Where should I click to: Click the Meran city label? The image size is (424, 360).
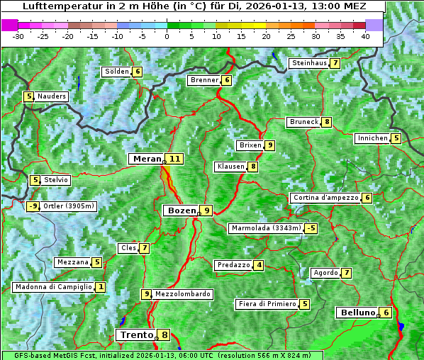[x=147, y=159]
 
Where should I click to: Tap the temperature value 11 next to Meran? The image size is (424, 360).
[x=174, y=159]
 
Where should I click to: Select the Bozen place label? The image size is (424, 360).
[x=180, y=210]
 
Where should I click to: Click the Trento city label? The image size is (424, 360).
[x=136, y=335]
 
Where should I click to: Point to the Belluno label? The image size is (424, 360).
[x=357, y=313]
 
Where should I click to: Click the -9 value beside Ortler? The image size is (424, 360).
[x=33, y=207]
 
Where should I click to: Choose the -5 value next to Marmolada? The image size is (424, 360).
[x=311, y=228]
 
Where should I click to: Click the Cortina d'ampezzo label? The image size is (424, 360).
[x=325, y=198]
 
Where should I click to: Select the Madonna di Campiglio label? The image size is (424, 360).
[x=54, y=287]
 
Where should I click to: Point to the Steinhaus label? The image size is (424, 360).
[x=309, y=63]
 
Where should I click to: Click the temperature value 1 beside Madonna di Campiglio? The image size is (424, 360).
[x=101, y=287]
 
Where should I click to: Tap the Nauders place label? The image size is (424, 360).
[x=52, y=96]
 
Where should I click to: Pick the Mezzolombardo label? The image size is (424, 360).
[x=182, y=294]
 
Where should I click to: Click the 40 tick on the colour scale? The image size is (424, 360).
[x=365, y=36]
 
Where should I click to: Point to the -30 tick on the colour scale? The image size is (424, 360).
[x=18, y=36]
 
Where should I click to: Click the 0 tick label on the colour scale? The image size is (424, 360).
[x=167, y=36]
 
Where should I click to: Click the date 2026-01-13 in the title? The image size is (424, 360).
[x=289, y=6]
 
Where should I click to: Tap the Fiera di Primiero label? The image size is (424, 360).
[x=267, y=304]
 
